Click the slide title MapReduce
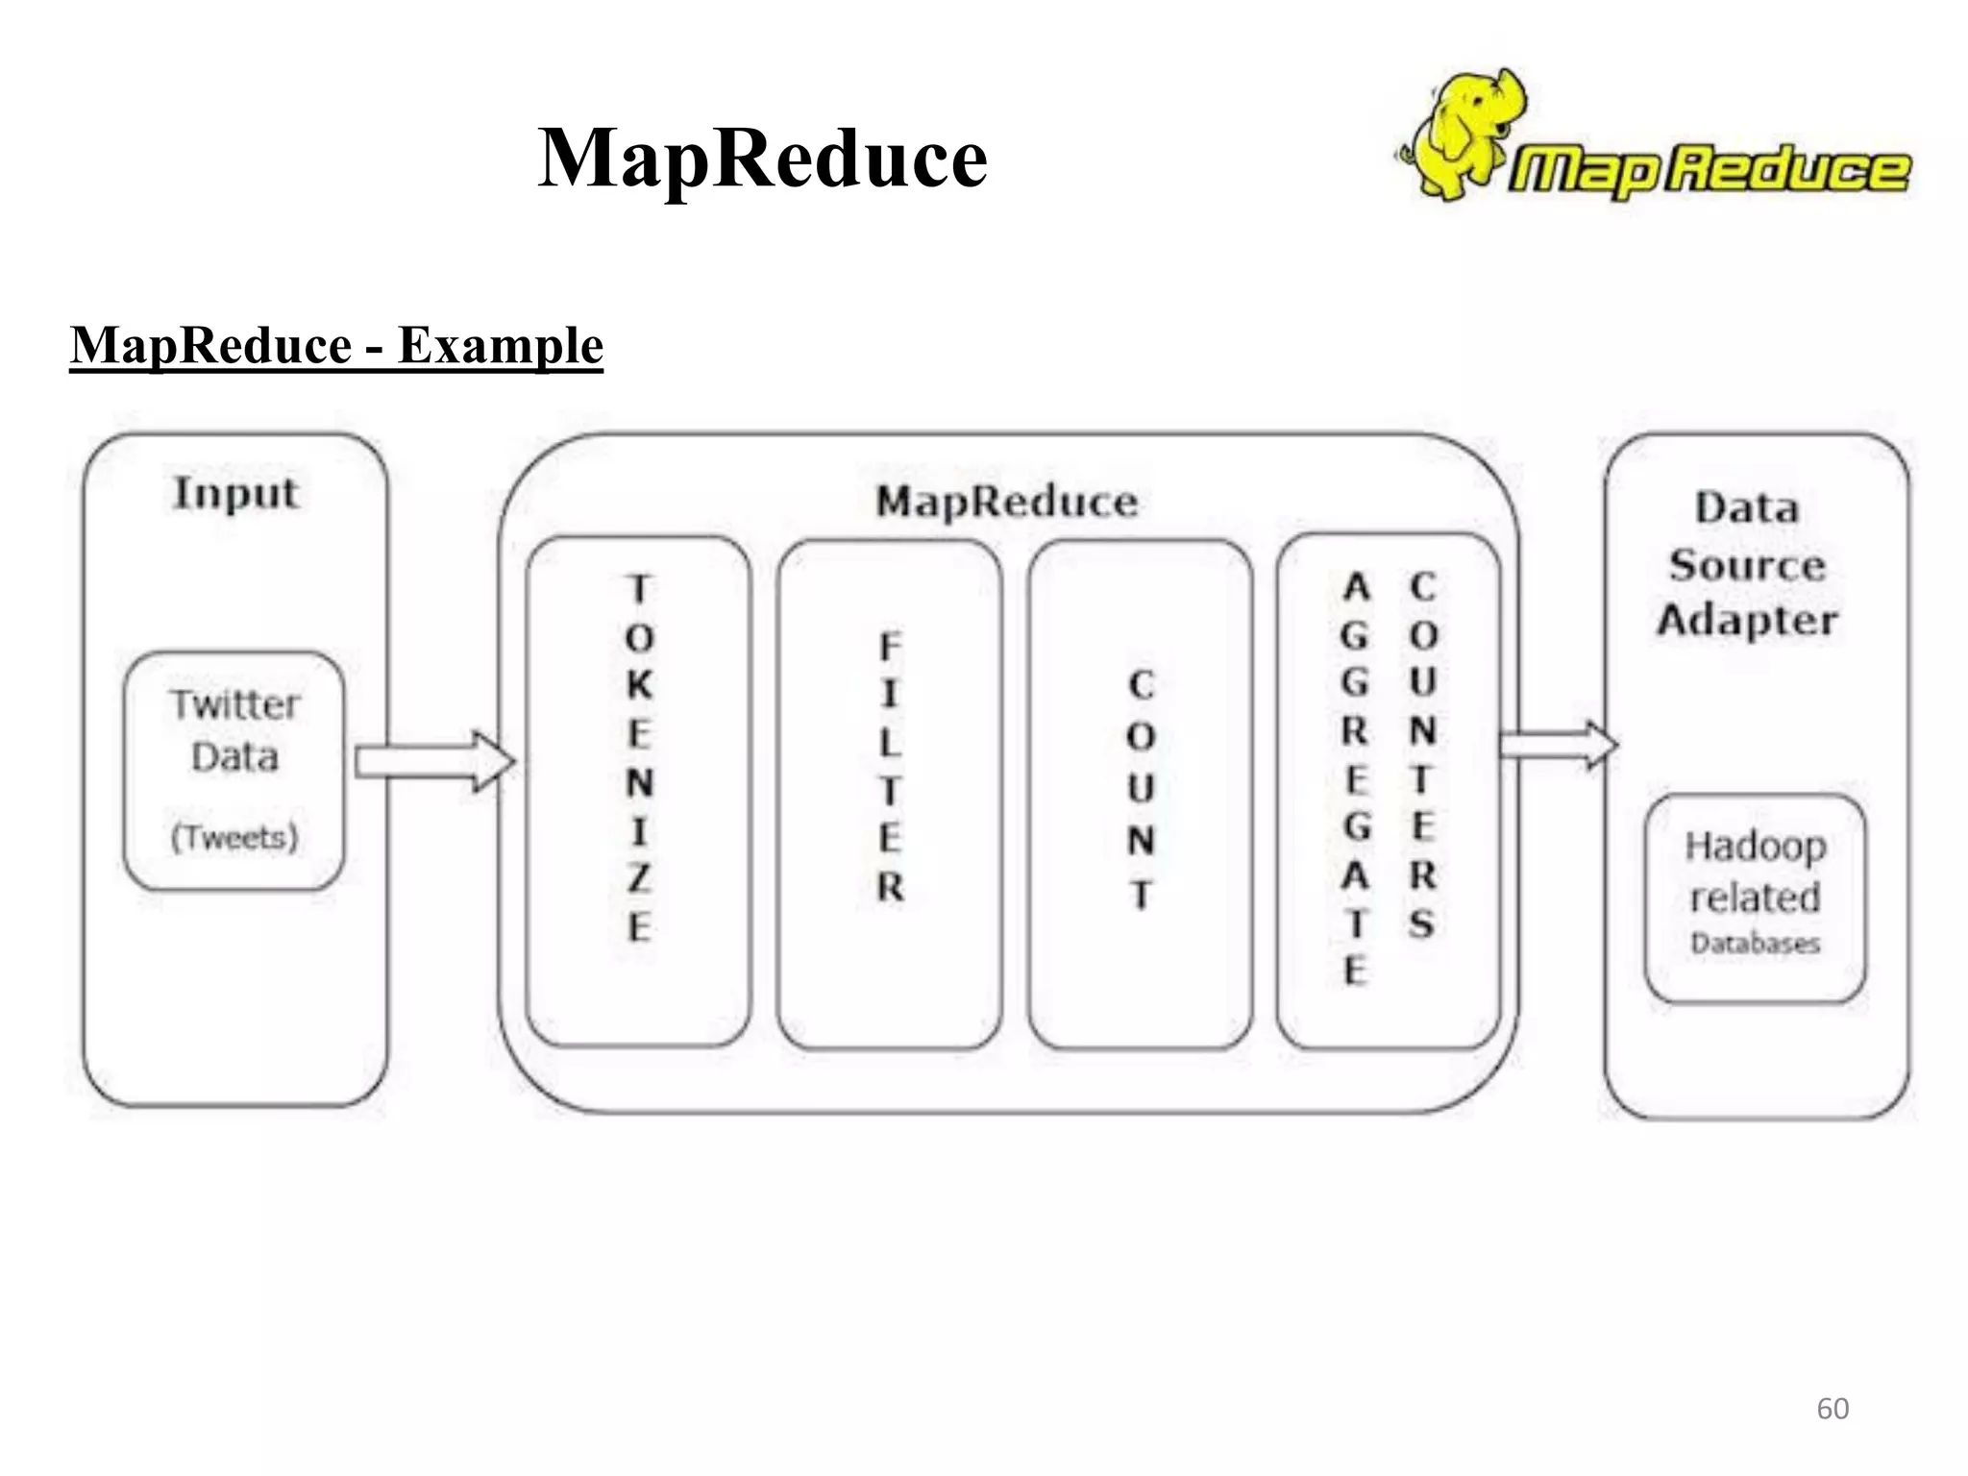coord(762,158)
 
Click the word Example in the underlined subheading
coord(500,345)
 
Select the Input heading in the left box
coord(235,494)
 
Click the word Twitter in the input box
coord(235,704)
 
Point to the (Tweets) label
coord(234,837)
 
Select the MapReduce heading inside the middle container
coord(1006,502)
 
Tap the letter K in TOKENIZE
coord(639,685)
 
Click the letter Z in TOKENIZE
coord(639,878)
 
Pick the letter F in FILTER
coord(890,647)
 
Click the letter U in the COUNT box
coord(1140,789)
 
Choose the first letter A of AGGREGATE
coord(1356,586)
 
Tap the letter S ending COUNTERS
coord(1422,923)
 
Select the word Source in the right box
coord(1747,565)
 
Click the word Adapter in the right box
coord(1747,621)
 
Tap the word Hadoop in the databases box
coord(1756,847)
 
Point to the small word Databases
coord(1756,944)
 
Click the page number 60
coord(1833,1409)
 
